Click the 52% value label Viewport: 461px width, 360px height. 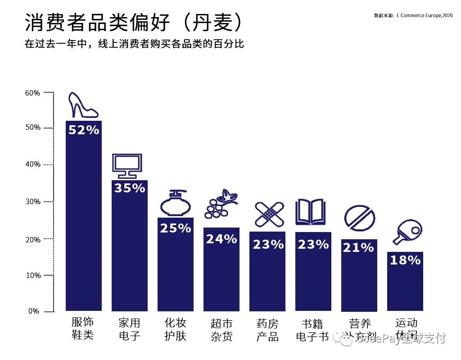tap(84, 130)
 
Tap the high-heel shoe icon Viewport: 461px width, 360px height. tap(82, 105)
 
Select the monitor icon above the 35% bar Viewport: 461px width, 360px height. tap(127, 166)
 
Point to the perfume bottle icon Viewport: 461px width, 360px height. tap(175, 203)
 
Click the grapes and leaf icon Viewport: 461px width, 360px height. tap(221, 205)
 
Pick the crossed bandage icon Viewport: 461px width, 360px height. tap(269, 214)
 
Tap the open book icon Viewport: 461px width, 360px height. tap(310, 212)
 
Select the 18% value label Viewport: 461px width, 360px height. tap(405, 260)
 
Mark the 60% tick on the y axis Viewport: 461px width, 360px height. tap(32, 93)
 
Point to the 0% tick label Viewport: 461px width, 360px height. tap(34, 311)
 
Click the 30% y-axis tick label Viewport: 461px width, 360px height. tap(32, 202)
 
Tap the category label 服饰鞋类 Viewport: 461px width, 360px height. tap(83, 328)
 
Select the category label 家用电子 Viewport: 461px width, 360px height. tap(130, 329)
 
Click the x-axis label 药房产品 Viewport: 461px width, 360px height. tap(268, 330)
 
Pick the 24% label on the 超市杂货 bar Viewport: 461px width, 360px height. tap(221, 239)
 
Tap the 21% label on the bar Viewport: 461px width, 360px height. tap(358, 247)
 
